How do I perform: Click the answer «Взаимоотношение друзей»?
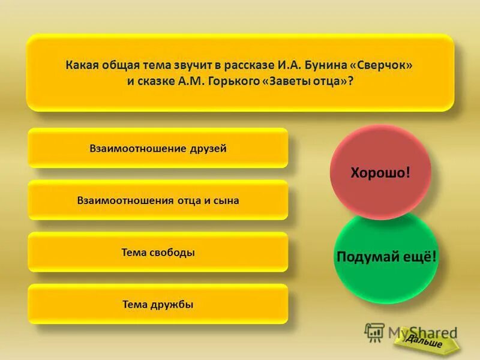[x=158, y=148]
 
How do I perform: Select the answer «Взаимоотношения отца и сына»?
[x=158, y=200]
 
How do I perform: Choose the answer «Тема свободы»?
[x=158, y=253]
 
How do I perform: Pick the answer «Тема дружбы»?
[x=158, y=305]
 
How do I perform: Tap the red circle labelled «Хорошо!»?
[x=380, y=173]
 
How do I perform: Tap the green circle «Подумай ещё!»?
[x=386, y=257]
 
